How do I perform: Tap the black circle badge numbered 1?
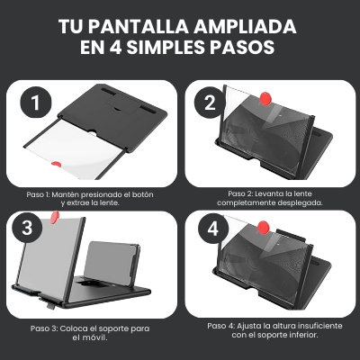pyautogui.click(x=34, y=104)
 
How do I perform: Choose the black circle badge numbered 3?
pyautogui.click(x=27, y=227)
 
